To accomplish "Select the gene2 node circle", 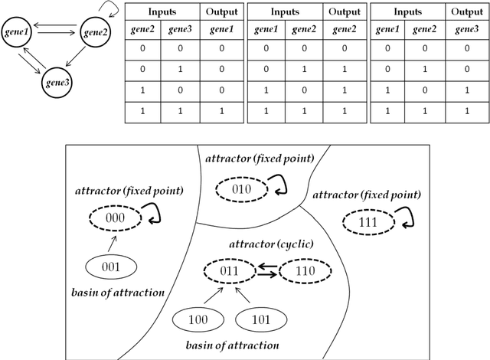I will pos(98,31).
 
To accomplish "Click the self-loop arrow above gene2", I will pos(110,9).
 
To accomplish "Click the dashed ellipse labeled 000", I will pos(115,217).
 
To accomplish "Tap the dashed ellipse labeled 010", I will pos(240,188).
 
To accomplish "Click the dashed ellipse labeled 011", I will pos(230,270).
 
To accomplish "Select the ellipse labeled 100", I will pos(198,319).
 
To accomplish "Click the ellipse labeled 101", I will pos(260,319).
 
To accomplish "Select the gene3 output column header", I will pos(467,28).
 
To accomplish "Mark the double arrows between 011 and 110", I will pos(267,270).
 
